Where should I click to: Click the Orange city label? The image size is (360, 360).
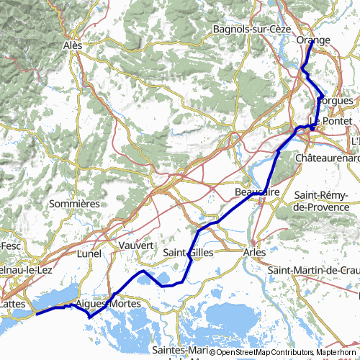(x=313, y=41)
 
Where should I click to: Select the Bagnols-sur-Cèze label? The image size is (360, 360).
(x=244, y=29)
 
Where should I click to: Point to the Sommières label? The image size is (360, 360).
(x=73, y=204)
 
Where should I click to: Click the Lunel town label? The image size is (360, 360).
(x=90, y=253)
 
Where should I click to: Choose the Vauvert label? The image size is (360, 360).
(x=136, y=246)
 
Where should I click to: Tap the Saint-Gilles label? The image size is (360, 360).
(x=186, y=253)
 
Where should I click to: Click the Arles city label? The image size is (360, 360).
(x=254, y=253)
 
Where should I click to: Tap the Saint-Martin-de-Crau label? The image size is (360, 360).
(x=314, y=270)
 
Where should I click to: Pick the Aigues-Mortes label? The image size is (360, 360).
(x=101, y=305)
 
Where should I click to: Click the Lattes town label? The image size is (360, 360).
(x=12, y=305)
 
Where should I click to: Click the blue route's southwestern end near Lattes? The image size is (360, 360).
(x=36, y=313)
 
